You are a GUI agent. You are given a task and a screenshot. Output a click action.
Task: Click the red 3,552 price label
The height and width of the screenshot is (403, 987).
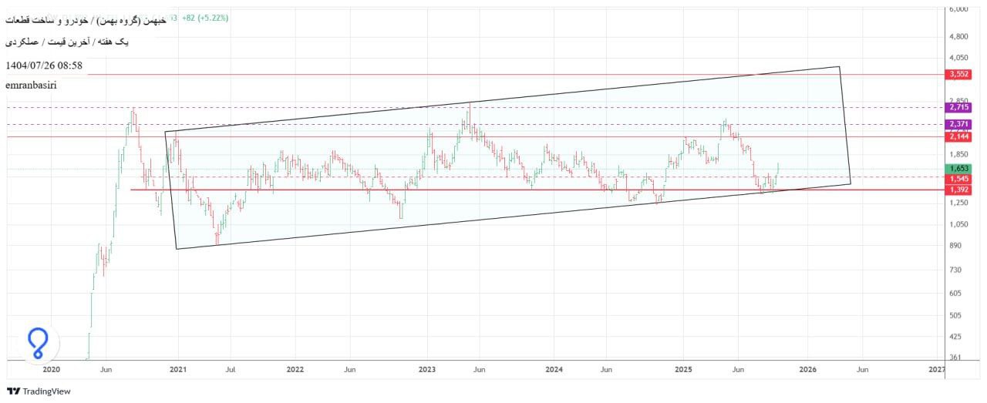959,74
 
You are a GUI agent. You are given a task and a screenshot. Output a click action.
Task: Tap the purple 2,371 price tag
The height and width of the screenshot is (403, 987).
959,124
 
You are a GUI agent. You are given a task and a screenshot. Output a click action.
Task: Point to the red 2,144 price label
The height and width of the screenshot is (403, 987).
959,136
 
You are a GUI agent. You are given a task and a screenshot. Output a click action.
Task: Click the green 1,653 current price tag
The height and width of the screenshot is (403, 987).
959,168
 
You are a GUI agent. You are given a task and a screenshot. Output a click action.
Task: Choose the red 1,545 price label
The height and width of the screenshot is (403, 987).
959,178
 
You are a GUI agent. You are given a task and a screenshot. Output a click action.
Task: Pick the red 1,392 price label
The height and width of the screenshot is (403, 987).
959,190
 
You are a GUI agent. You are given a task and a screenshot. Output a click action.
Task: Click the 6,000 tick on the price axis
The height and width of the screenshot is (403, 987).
959,8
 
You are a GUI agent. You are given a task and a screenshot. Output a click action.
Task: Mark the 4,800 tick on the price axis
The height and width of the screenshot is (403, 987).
959,36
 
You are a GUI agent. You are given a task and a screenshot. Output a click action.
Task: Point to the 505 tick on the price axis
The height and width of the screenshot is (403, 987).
955,315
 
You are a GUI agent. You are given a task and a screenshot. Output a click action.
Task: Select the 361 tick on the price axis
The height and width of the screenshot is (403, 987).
955,358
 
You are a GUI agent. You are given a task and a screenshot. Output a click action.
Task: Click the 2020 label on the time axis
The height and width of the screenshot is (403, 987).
51,370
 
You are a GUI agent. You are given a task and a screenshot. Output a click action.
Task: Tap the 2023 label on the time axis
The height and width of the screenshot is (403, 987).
429,370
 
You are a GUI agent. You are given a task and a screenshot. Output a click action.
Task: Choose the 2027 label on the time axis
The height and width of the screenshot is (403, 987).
937,370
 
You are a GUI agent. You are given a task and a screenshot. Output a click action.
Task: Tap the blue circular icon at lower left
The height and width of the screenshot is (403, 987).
37,343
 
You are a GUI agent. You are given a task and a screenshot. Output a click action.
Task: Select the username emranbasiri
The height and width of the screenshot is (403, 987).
31,85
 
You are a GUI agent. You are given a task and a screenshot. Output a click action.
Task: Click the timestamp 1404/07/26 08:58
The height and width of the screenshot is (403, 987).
44,65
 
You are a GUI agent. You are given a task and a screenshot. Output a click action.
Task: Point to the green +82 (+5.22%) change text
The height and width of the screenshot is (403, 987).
204,17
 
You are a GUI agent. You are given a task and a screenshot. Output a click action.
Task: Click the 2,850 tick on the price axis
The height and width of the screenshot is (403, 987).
959,101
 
